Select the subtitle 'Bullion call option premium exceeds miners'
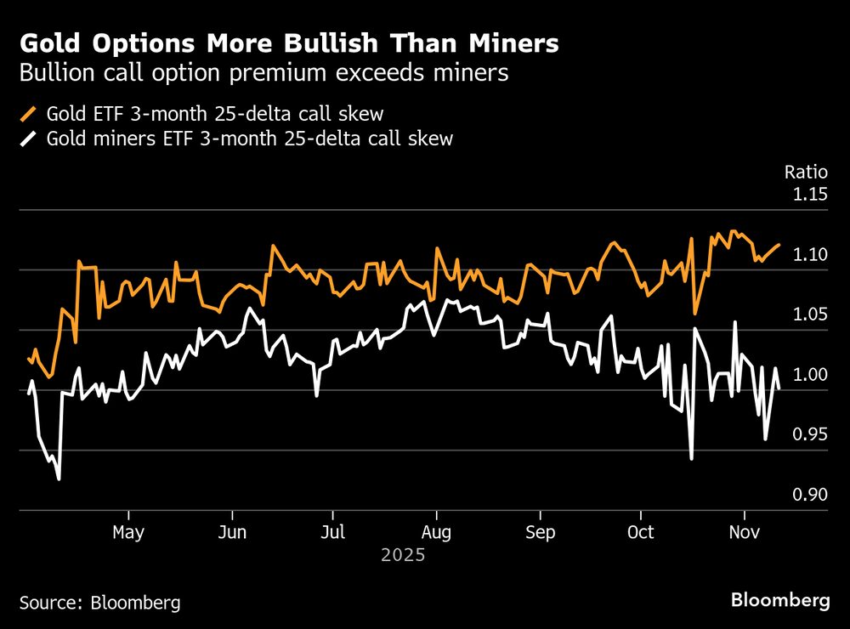[x=263, y=73]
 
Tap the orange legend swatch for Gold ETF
[x=30, y=114]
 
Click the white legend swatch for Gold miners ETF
[x=30, y=139]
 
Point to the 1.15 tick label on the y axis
[x=809, y=195]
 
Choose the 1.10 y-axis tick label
[x=809, y=255]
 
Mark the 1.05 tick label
[x=809, y=315]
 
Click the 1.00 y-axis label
[x=809, y=376]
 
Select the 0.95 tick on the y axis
[x=809, y=435]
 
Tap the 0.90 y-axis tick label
[x=809, y=496]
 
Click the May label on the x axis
[x=128, y=533]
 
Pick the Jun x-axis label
[x=232, y=533]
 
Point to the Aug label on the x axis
[x=436, y=533]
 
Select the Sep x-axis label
[x=540, y=533]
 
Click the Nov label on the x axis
[x=745, y=533]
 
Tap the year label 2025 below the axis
[x=403, y=557]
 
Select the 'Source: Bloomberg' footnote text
[x=99, y=603]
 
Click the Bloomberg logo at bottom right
[x=780, y=600]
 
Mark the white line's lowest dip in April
[x=59, y=479]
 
